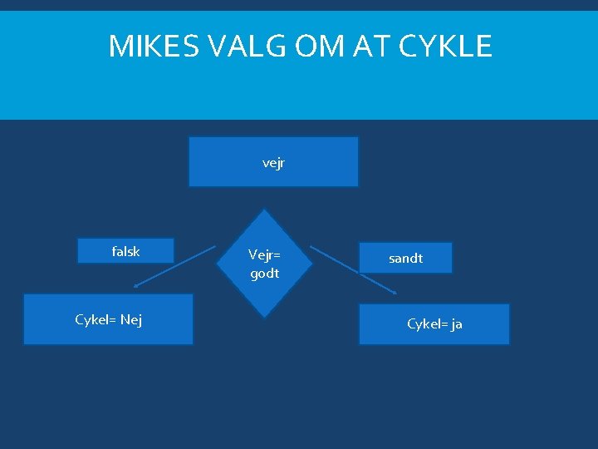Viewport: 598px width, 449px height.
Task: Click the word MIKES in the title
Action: click(x=152, y=47)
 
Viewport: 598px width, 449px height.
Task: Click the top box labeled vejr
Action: click(x=273, y=162)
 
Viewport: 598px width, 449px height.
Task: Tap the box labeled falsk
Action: click(x=125, y=251)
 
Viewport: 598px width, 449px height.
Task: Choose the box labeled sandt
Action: click(x=405, y=258)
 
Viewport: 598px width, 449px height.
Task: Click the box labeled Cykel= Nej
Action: click(x=108, y=319)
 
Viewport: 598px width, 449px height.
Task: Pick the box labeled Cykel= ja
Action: click(x=434, y=324)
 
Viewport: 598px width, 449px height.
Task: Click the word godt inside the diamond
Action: click(x=265, y=274)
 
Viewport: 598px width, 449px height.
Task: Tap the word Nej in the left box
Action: click(x=130, y=319)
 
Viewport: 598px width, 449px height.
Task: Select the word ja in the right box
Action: click(x=456, y=324)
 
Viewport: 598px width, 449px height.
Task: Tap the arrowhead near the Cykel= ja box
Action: click(x=395, y=292)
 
